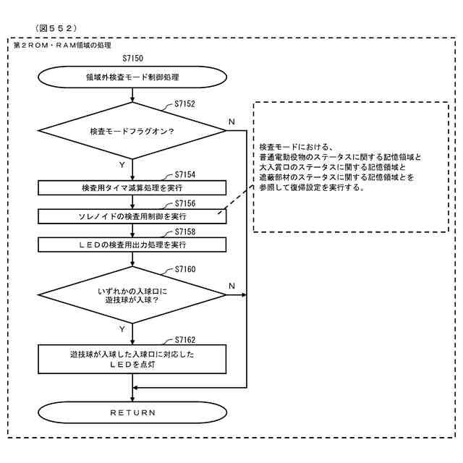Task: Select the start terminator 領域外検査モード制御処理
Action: point(132,77)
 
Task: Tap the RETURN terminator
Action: point(132,412)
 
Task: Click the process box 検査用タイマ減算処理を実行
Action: point(132,187)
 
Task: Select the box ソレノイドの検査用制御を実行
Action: point(132,216)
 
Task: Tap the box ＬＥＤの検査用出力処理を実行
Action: point(132,244)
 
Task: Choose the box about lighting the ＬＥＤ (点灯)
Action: point(132,360)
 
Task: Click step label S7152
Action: point(184,104)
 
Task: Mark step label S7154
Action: point(184,175)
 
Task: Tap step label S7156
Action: point(184,203)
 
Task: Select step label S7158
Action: point(184,231)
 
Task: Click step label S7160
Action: point(184,269)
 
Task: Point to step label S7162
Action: point(184,340)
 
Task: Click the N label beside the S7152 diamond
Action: point(231,122)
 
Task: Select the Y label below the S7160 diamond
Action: point(122,329)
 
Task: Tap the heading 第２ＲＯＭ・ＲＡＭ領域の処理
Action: point(62,45)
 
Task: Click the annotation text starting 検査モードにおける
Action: point(340,167)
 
